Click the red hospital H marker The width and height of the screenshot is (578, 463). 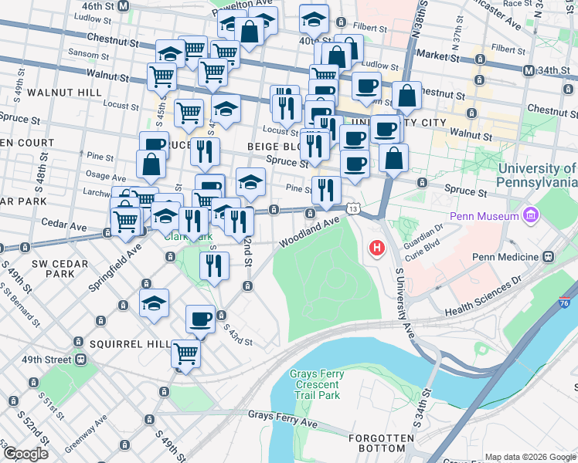pyautogui.click(x=377, y=248)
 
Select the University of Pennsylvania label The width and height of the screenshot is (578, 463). pyautogui.click(x=538, y=175)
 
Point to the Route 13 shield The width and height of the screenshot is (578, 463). pyautogui.click(x=353, y=209)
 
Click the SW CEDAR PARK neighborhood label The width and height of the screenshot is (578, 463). pyautogui.click(x=53, y=269)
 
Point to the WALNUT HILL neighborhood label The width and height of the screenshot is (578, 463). pyautogui.click(x=63, y=93)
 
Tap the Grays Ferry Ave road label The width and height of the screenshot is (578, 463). pyautogui.click(x=283, y=415)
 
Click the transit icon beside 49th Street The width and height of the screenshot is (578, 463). pyautogui.click(x=79, y=360)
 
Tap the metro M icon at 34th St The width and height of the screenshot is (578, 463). pyautogui.click(x=529, y=71)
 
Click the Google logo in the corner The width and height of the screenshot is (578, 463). pyautogui.click(x=25, y=454)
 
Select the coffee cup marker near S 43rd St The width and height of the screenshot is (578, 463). pyautogui.click(x=201, y=319)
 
